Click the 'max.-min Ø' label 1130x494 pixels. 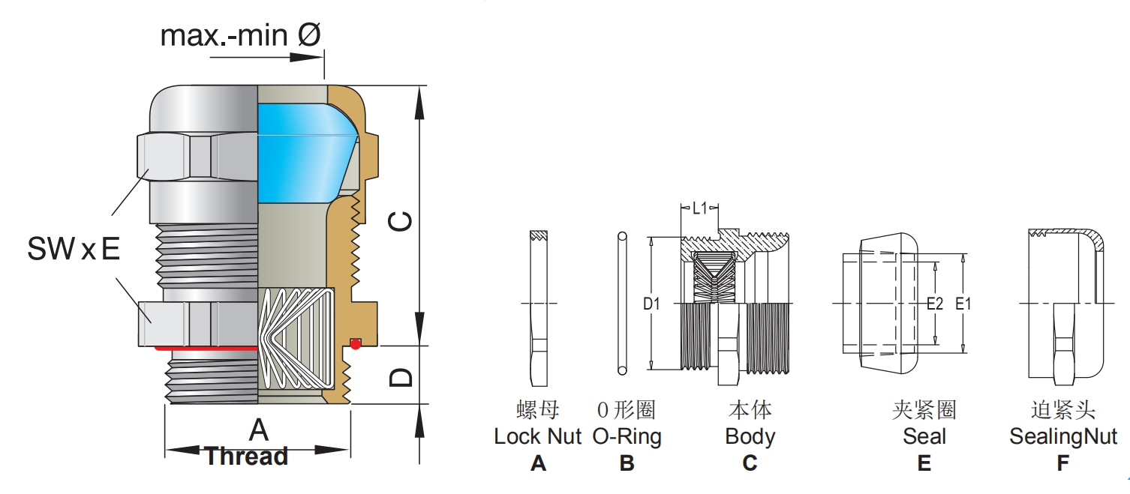(x=241, y=34)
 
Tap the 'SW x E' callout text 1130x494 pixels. (x=73, y=249)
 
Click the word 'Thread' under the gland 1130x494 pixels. (x=247, y=456)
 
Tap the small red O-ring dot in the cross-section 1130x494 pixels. (x=356, y=344)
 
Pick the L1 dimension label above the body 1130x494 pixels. (x=699, y=208)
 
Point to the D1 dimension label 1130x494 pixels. (x=651, y=304)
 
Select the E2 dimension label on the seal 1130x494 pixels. (x=934, y=304)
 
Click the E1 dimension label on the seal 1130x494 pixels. (x=963, y=304)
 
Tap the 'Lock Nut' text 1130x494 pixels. (x=537, y=436)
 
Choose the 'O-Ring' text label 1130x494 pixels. (x=627, y=436)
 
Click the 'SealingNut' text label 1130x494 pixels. (x=1062, y=436)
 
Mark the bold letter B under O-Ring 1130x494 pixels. (x=627, y=463)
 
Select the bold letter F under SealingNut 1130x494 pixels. (x=1062, y=463)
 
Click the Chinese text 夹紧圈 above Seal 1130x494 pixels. (x=924, y=410)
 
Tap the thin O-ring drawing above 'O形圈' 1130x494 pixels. (x=622, y=304)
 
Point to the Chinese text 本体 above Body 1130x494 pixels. (x=750, y=410)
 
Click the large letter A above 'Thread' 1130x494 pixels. (x=258, y=430)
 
